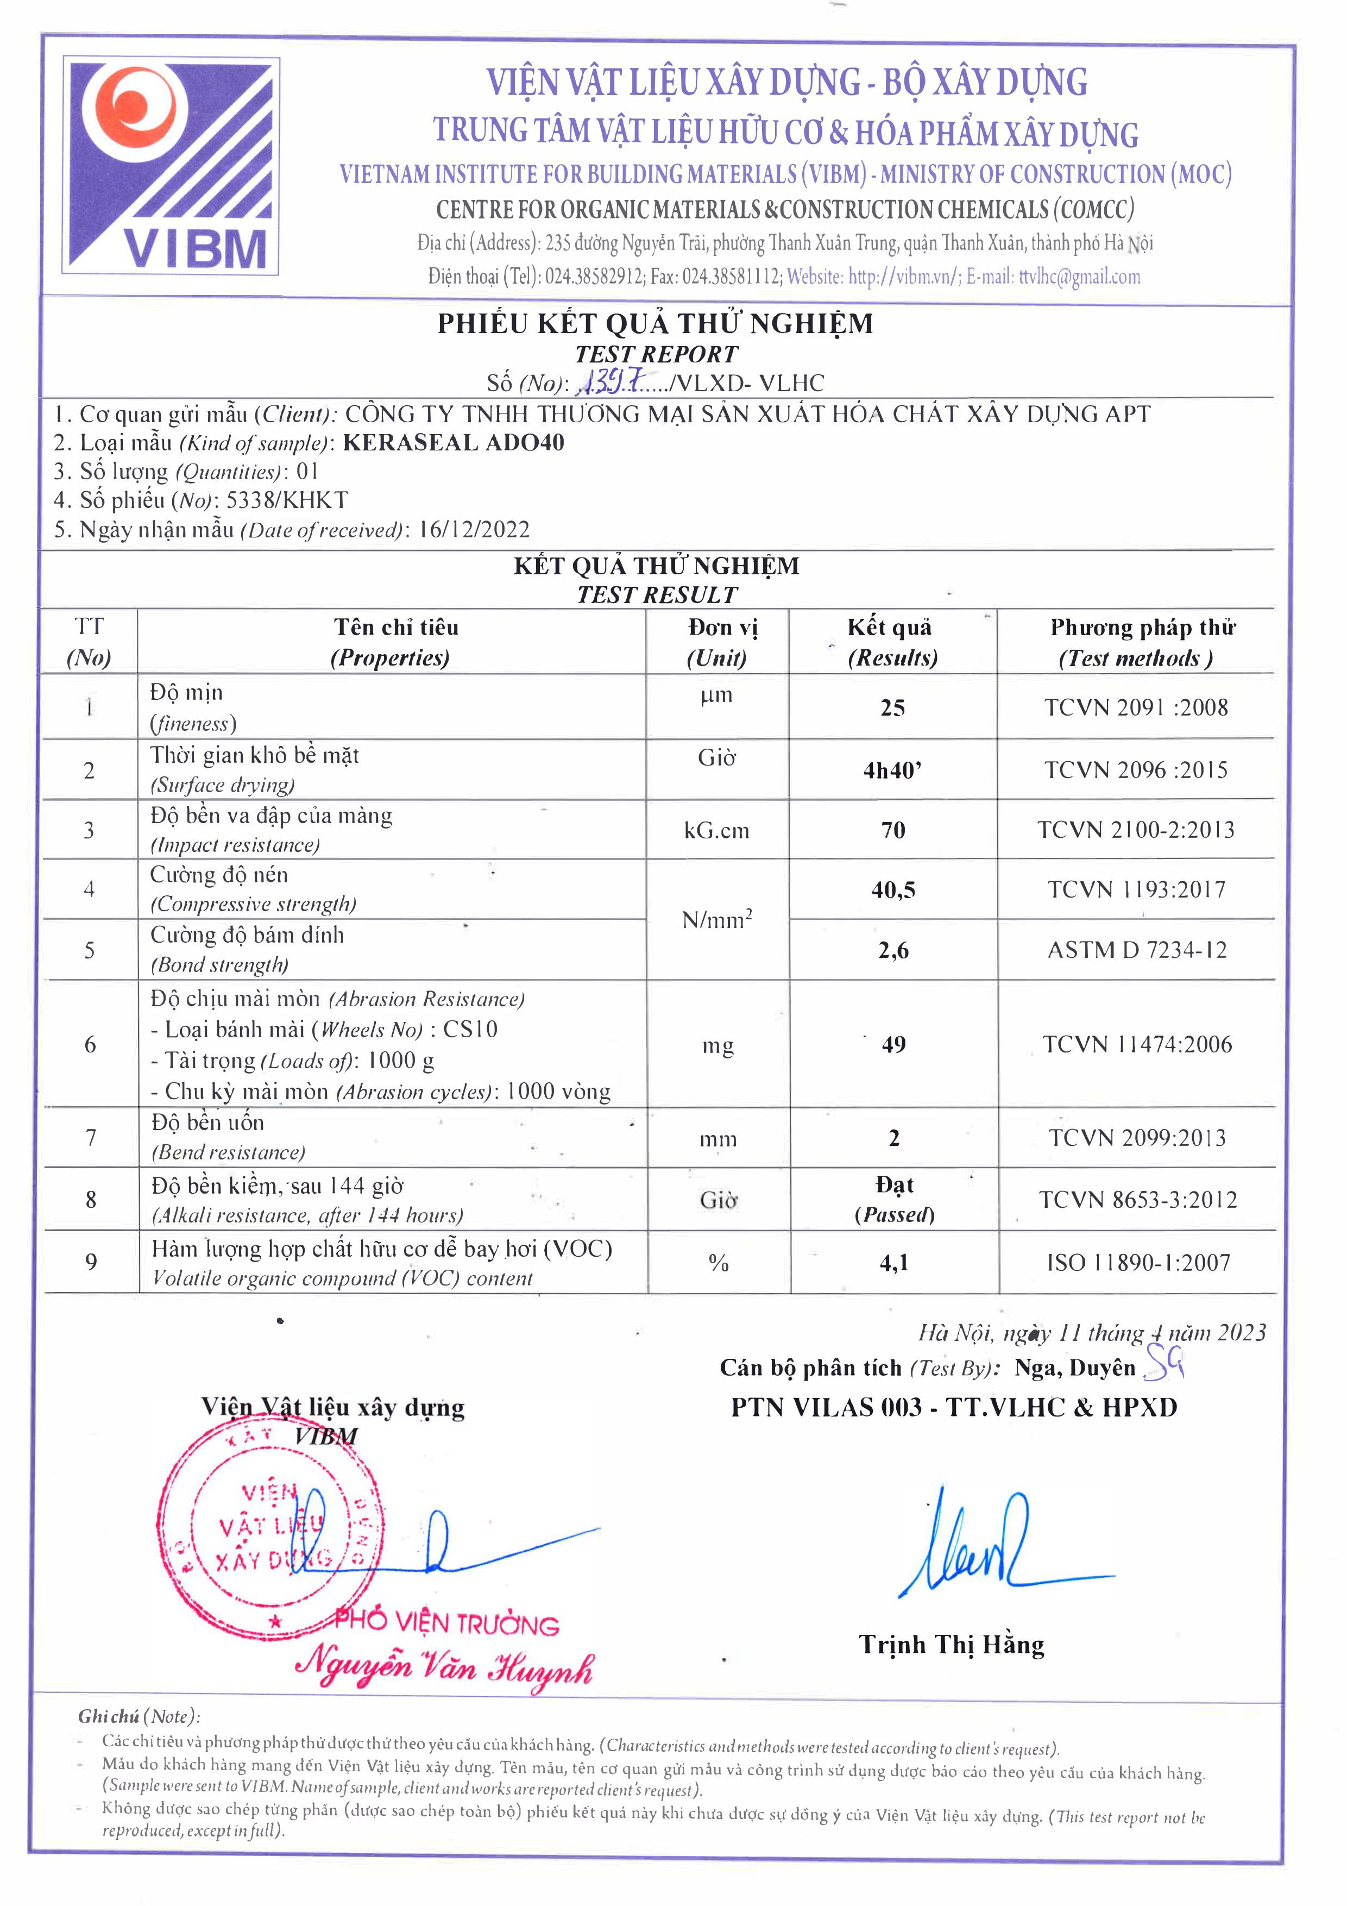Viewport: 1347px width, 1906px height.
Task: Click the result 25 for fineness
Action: tap(892, 708)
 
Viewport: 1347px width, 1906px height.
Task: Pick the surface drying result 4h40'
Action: tap(892, 770)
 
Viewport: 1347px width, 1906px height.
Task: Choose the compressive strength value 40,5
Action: tap(893, 890)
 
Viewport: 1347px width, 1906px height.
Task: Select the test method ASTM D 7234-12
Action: tap(1136, 950)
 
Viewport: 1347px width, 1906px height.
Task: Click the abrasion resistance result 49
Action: tap(893, 1044)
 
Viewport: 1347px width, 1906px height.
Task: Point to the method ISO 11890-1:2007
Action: tap(1138, 1263)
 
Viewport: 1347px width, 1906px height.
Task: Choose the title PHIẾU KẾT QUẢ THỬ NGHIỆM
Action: tap(655, 323)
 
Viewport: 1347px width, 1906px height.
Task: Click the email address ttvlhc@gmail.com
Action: tap(1079, 277)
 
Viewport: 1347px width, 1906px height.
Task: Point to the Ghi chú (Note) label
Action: tap(139, 1716)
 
